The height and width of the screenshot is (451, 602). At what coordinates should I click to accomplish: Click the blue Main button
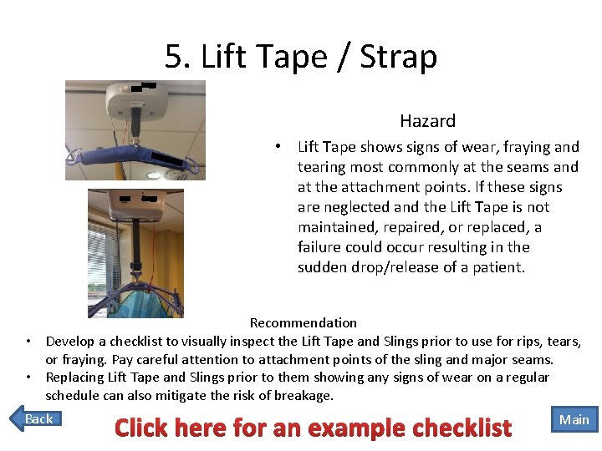click(x=574, y=419)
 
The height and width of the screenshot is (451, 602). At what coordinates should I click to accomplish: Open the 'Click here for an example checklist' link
click(x=313, y=428)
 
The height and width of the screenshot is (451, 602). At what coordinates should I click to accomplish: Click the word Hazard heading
click(x=427, y=121)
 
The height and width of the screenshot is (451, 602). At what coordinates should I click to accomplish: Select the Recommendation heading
click(x=303, y=322)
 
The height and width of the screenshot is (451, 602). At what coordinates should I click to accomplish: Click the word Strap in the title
click(x=399, y=57)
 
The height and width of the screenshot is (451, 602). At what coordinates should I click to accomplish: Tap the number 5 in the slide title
click(x=173, y=57)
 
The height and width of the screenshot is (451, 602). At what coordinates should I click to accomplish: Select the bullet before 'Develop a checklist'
click(x=28, y=342)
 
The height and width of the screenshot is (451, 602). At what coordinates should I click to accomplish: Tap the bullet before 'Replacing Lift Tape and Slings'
click(x=28, y=378)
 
